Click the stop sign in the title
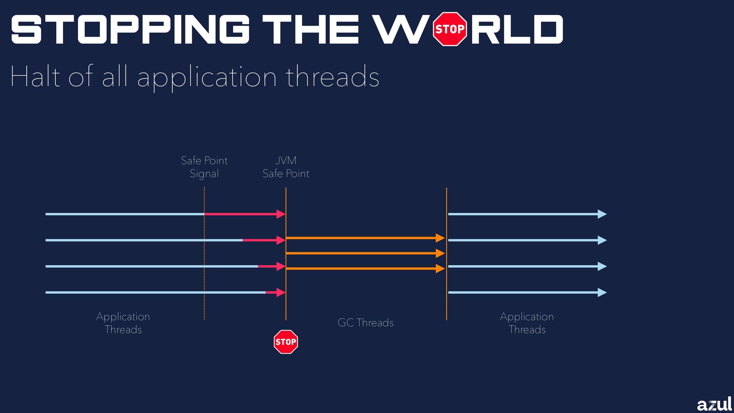[450, 29]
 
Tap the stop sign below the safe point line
[286, 341]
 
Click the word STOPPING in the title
[130, 29]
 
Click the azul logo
[714, 404]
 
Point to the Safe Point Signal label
[204, 167]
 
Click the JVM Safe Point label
[286, 167]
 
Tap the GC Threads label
[365, 323]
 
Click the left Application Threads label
[123, 323]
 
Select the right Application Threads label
[527, 323]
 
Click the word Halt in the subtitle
[35, 76]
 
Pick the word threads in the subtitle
[333, 76]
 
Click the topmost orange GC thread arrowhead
[440, 238]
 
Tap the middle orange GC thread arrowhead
[440, 253]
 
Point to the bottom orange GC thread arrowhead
[440, 269]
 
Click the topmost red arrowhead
[281, 214]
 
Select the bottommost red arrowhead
[281, 293]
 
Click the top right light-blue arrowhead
[602, 214]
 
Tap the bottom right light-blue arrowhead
[602, 293]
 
